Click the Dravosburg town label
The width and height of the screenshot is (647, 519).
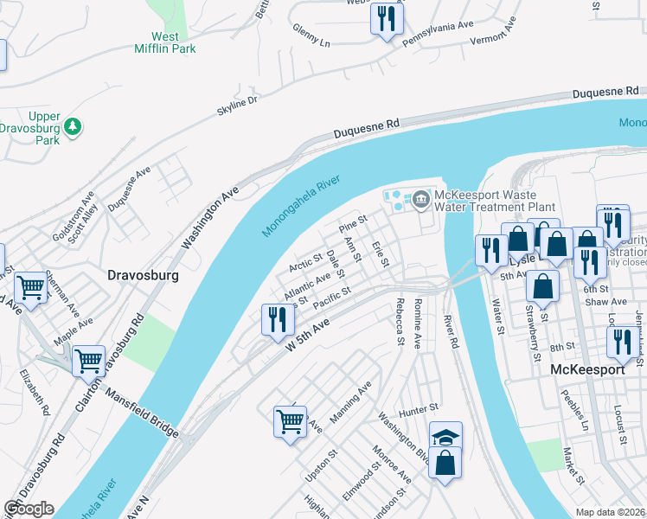pyautogui.click(x=143, y=276)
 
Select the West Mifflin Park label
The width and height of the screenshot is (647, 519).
pyautogui.click(x=173, y=42)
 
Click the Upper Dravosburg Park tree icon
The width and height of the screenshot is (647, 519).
pyautogui.click(x=74, y=127)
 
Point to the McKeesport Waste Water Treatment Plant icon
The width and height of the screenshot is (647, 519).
pyautogui.click(x=421, y=201)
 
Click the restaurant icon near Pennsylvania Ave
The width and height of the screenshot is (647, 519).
pyautogui.click(x=387, y=18)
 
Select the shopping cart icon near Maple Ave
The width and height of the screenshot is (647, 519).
pyautogui.click(x=88, y=361)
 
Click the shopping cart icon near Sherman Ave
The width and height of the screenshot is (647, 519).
pyautogui.click(x=32, y=285)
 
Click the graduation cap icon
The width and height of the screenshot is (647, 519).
pyautogui.click(x=445, y=437)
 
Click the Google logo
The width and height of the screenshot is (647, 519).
pyautogui.click(x=29, y=509)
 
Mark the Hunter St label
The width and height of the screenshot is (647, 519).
pyautogui.click(x=419, y=407)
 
